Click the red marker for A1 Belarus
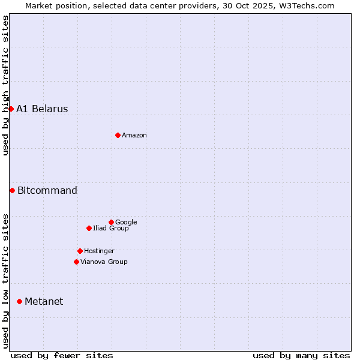click(11, 109)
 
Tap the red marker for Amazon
click(118, 135)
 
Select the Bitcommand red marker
click(12, 190)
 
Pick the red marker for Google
click(111, 222)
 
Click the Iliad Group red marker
click(89, 228)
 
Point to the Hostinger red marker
click(80, 251)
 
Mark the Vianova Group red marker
click(76, 262)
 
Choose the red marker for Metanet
click(19, 301)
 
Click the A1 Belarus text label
click(42, 109)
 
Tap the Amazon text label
click(134, 136)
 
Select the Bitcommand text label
click(47, 191)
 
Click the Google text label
click(126, 223)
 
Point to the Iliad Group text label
click(111, 229)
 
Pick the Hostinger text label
click(99, 251)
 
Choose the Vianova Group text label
click(104, 262)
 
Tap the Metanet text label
click(44, 302)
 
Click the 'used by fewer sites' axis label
click(62, 355)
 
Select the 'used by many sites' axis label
click(301, 355)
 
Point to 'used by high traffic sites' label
click(5, 85)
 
